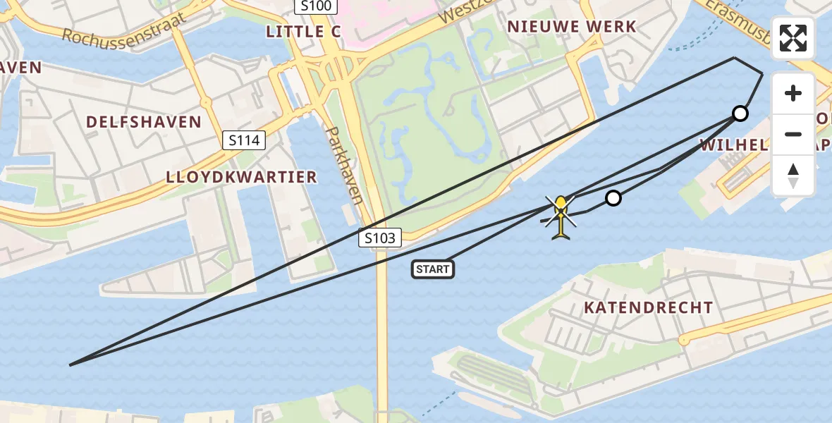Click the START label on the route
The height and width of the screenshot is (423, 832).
tap(433, 269)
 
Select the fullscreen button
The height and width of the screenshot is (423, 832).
tap(793, 38)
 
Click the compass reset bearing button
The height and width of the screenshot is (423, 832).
tap(793, 176)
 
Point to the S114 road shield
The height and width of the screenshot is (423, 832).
tap(245, 140)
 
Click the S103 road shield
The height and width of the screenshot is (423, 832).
tap(381, 238)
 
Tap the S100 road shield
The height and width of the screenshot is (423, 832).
tap(316, 6)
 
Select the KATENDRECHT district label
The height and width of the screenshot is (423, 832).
tap(648, 307)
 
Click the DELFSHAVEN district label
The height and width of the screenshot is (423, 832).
tap(144, 122)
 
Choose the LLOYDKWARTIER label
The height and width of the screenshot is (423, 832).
tap(241, 177)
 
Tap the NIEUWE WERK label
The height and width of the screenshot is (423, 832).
tap(572, 27)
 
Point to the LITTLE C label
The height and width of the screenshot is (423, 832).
tap(304, 32)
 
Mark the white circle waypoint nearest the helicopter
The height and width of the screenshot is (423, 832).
tap(613, 198)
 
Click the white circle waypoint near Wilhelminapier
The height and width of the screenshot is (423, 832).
tap(740, 113)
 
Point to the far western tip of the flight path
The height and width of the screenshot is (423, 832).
tap(71, 364)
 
